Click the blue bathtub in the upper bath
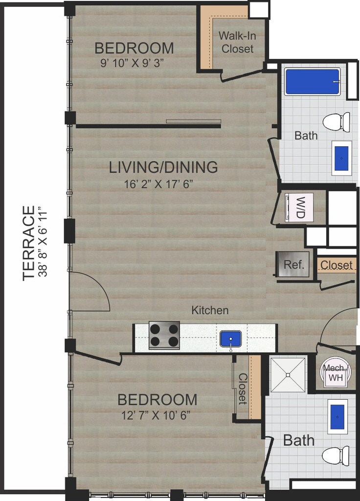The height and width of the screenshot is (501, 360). point(313,82)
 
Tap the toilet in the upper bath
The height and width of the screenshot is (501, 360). point(336,121)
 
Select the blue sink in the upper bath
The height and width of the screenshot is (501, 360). point(341,158)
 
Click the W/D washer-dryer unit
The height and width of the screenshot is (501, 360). point(299,207)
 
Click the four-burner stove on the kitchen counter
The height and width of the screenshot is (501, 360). point(164,335)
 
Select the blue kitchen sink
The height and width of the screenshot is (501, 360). point(230,339)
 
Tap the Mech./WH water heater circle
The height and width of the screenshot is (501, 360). point(336,372)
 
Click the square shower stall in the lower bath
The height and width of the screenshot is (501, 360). point(288,375)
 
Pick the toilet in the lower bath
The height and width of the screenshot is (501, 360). point(336,455)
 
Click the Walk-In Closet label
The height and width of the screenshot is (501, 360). point(237,42)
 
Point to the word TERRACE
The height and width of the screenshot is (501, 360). point(29,243)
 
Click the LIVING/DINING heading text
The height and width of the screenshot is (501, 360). point(163,167)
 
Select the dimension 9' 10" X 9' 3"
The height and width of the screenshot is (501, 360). point(132,63)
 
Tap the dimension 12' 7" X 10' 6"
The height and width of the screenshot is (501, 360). point(156,415)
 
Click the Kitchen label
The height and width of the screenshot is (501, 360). point(210,310)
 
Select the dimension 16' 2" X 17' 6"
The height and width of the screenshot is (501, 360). point(159,184)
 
